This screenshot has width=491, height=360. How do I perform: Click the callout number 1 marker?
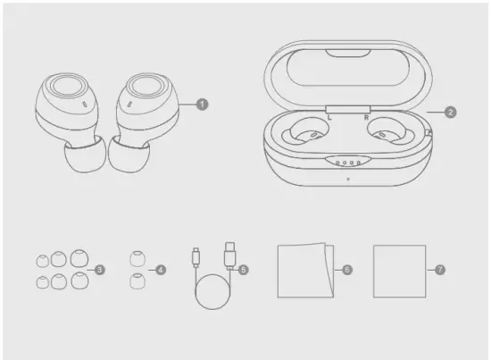[202, 105]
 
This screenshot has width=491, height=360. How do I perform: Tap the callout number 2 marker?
[451, 113]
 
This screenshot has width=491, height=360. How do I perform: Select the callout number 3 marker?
[100, 269]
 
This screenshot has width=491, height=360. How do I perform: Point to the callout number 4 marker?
[161, 269]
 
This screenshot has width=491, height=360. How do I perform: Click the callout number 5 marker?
[242, 269]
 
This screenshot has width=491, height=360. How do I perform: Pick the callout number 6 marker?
[347, 269]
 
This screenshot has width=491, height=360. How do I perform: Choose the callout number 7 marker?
[439, 269]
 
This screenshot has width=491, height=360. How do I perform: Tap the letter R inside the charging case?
[365, 117]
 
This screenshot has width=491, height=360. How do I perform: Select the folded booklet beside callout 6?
[304, 270]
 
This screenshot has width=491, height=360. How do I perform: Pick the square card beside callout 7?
[399, 270]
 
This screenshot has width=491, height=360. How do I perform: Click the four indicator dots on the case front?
[343, 163]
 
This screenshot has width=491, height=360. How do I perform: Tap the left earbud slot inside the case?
[302, 137]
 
